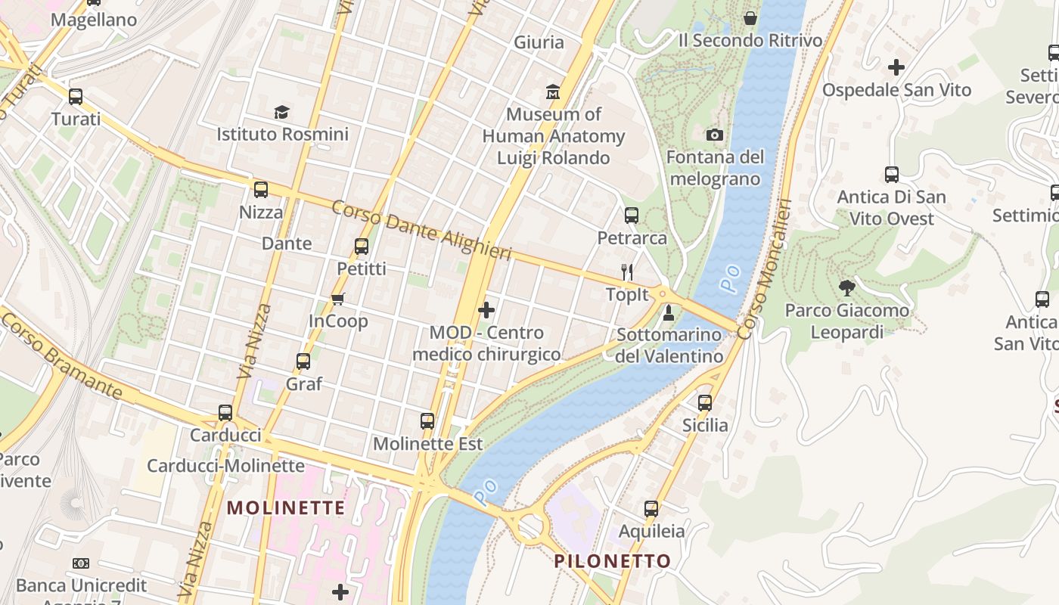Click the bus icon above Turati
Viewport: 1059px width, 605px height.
tap(76, 97)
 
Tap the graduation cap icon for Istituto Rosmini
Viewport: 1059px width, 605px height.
tap(282, 113)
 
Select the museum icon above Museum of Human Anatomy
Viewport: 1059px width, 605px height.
tap(553, 92)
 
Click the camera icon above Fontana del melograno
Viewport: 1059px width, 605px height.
tap(714, 135)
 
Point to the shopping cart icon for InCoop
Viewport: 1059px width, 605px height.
tap(338, 299)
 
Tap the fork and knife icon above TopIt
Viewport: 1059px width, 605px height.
tap(626, 272)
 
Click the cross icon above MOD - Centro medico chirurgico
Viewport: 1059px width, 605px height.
tap(486, 310)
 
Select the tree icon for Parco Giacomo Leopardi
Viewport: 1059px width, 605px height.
tap(846, 288)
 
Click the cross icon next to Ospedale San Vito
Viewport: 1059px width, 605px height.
tap(896, 67)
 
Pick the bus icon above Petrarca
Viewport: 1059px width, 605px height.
tap(632, 216)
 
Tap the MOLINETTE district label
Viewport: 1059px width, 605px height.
tap(286, 507)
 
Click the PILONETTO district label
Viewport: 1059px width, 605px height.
tap(612, 561)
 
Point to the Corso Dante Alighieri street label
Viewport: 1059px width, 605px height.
tap(421, 230)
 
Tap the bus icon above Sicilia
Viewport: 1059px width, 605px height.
tap(705, 403)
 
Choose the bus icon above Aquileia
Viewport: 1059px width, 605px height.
tap(651, 509)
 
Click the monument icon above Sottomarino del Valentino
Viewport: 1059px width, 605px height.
tap(669, 312)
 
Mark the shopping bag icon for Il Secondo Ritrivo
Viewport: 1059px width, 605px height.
tap(750, 17)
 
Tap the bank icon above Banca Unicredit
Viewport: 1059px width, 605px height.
tap(81, 563)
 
